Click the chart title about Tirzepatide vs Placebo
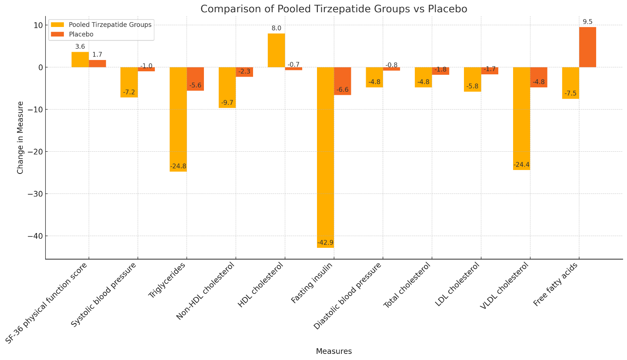coord(334,9)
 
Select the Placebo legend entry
coord(81,34)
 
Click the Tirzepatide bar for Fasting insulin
coord(325,157)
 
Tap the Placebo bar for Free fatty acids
coord(587,47)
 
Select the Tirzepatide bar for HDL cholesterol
coord(276,50)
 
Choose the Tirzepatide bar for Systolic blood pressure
coord(129,82)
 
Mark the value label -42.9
coord(325,243)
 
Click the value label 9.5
coord(587,22)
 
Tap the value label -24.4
coord(521,165)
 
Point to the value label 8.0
coord(276,28)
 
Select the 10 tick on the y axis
coord(37,25)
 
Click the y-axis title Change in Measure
coord(20,137)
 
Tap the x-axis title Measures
coord(334,351)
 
